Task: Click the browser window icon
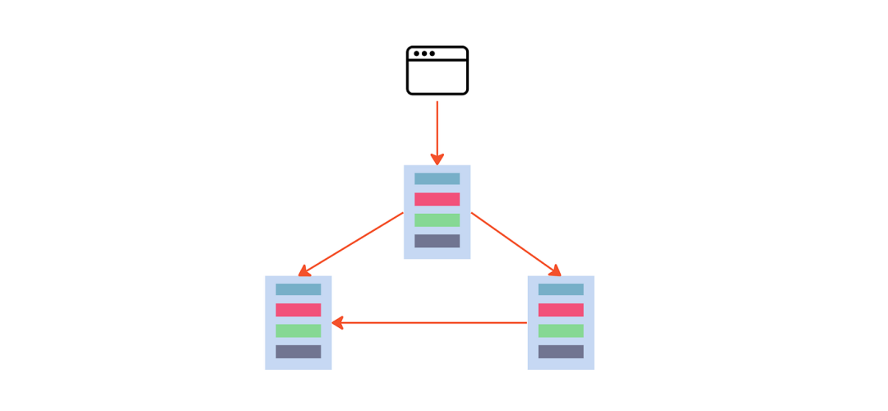(x=437, y=71)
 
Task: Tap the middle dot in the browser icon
(x=424, y=53)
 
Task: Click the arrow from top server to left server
(x=352, y=243)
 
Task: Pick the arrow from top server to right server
(x=516, y=244)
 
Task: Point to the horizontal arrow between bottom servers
(x=429, y=323)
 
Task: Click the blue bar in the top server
(x=437, y=178)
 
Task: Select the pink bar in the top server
(x=437, y=199)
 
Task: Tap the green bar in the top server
(x=437, y=220)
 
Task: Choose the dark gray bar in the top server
(x=437, y=241)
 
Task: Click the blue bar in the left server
(x=298, y=289)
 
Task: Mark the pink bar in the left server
(x=298, y=310)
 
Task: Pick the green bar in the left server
(x=298, y=330)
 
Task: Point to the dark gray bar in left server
(x=298, y=352)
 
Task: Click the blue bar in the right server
(x=561, y=289)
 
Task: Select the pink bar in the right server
(x=561, y=310)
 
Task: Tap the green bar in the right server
(x=561, y=330)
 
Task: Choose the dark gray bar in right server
(x=561, y=352)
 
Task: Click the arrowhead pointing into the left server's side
(x=337, y=323)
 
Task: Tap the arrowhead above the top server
(x=437, y=159)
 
